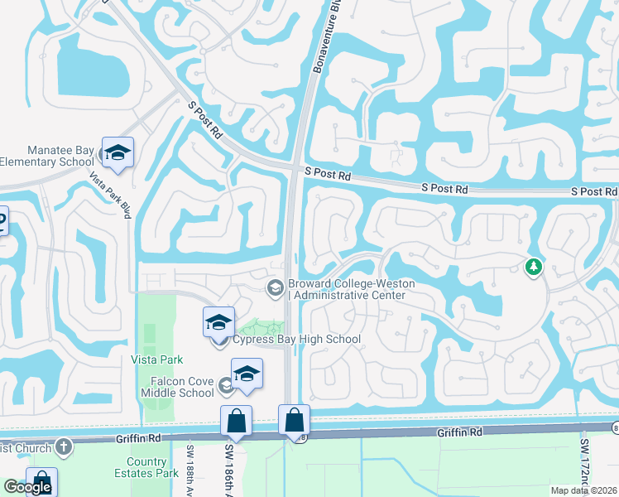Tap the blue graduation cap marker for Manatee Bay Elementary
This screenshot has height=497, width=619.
pos(118,152)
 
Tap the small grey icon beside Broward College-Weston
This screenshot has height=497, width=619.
pos(275,287)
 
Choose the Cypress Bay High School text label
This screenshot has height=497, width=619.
pos(296,340)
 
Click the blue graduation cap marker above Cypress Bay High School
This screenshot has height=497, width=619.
pos(219,322)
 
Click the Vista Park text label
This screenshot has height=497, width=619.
pos(156,359)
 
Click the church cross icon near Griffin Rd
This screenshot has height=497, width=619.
pos(63,447)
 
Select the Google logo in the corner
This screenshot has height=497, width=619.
pos(27,487)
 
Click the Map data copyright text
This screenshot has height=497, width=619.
pos(584,490)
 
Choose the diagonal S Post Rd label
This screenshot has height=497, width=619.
pos(206,121)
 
